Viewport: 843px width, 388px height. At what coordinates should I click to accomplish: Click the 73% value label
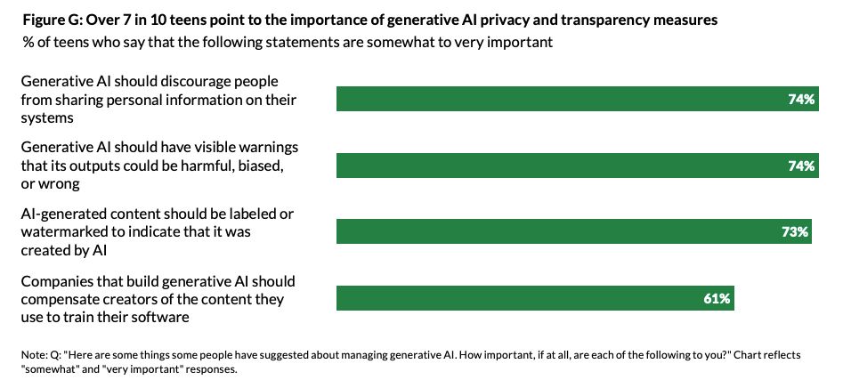click(x=796, y=232)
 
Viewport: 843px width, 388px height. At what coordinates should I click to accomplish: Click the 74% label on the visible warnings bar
click(x=801, y=166)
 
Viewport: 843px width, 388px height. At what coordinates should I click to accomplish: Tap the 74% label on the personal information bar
click(x=801, y=100)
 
